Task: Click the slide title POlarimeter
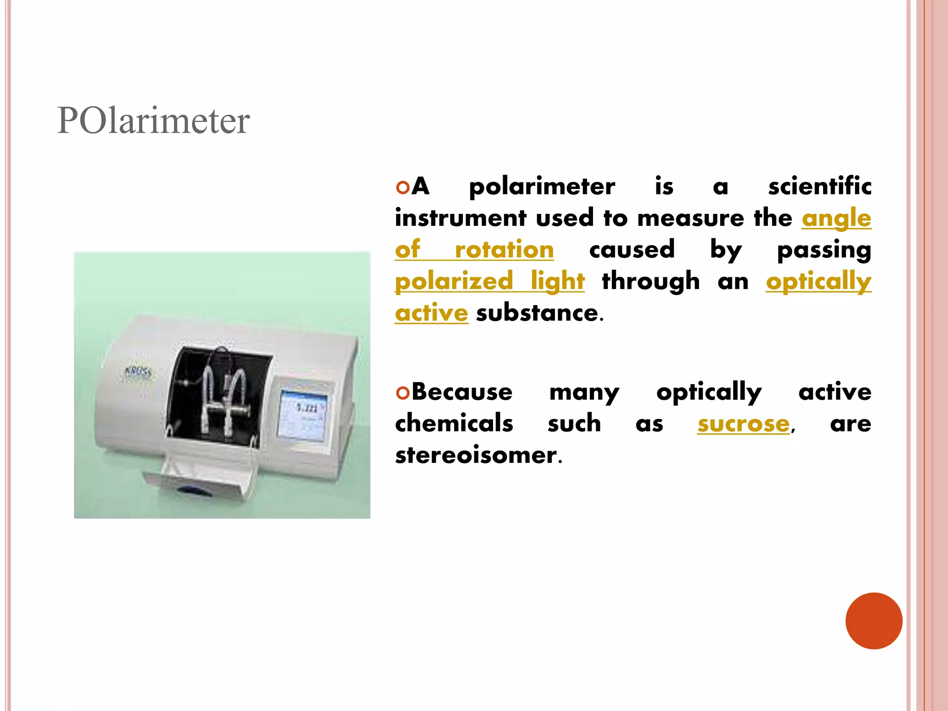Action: point(153,121)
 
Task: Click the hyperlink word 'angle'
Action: point(836,218)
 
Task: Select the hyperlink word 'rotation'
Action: point(504,250)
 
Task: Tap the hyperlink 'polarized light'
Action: point(490,281)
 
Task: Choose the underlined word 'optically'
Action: point(818,281)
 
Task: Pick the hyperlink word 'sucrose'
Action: point(743,424)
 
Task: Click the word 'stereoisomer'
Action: point(476,455)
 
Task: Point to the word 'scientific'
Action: point(819,187)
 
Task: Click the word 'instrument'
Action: point(461,218)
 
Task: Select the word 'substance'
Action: point(537,313)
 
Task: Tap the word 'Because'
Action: point(462,392)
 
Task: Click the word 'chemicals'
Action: point(454,424)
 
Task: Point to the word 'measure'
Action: point(690,218)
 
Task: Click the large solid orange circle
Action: point(873,621)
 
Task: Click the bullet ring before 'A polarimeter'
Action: point(403,187)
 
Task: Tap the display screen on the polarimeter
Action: point(303,413)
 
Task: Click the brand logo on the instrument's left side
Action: point(138,373)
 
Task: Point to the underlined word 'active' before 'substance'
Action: point(431,313)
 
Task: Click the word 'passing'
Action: point(823,250)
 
